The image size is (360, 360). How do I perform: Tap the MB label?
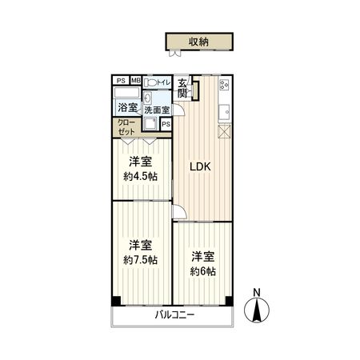point(135,81)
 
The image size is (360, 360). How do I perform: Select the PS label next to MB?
point(121,81)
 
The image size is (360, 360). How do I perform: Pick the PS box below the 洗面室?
point(166,124)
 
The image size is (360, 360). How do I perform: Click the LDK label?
point(199,167)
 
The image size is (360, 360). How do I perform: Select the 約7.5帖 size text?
point(141,261)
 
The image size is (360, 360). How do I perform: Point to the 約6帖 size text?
point(202,271)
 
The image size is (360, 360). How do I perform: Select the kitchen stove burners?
point(224,83)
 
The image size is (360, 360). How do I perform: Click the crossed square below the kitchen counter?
point(225,133)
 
